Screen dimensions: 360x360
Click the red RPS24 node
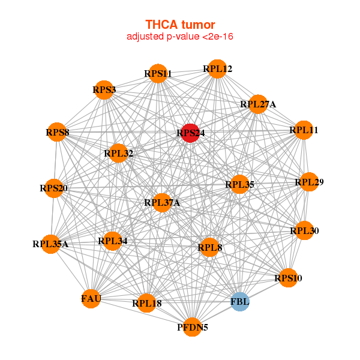[x=190, y=133]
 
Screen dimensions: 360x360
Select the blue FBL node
[x=239, y=302]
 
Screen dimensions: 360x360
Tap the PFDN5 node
[x=192, y=327]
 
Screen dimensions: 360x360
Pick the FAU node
[x=91, y=299]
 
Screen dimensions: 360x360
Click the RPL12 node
[x=217, y=69]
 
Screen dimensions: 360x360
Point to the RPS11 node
[x=158, y=73]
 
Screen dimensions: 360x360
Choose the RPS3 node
[x=104, y=90]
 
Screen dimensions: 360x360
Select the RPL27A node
[x=258, y=104]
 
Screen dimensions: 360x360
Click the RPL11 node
[x=304, y=130]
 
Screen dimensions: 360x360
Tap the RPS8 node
[x=57, y=132]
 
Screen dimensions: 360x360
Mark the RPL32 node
[x=118, y=153]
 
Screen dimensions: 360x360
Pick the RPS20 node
[x=53, y=188]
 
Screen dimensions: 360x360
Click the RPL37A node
[x=162, y=203]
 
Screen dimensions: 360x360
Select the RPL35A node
[x=50, y=244]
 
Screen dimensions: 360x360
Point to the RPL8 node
[x=209, y=247]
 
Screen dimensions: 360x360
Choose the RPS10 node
[x=288, y=278]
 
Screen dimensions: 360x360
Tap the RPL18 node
[x=146, y=303]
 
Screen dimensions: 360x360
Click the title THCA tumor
[x=180, y=25]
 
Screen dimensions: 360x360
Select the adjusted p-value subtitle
[x=180, y=37]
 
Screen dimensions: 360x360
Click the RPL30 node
[x=304, y=230]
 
